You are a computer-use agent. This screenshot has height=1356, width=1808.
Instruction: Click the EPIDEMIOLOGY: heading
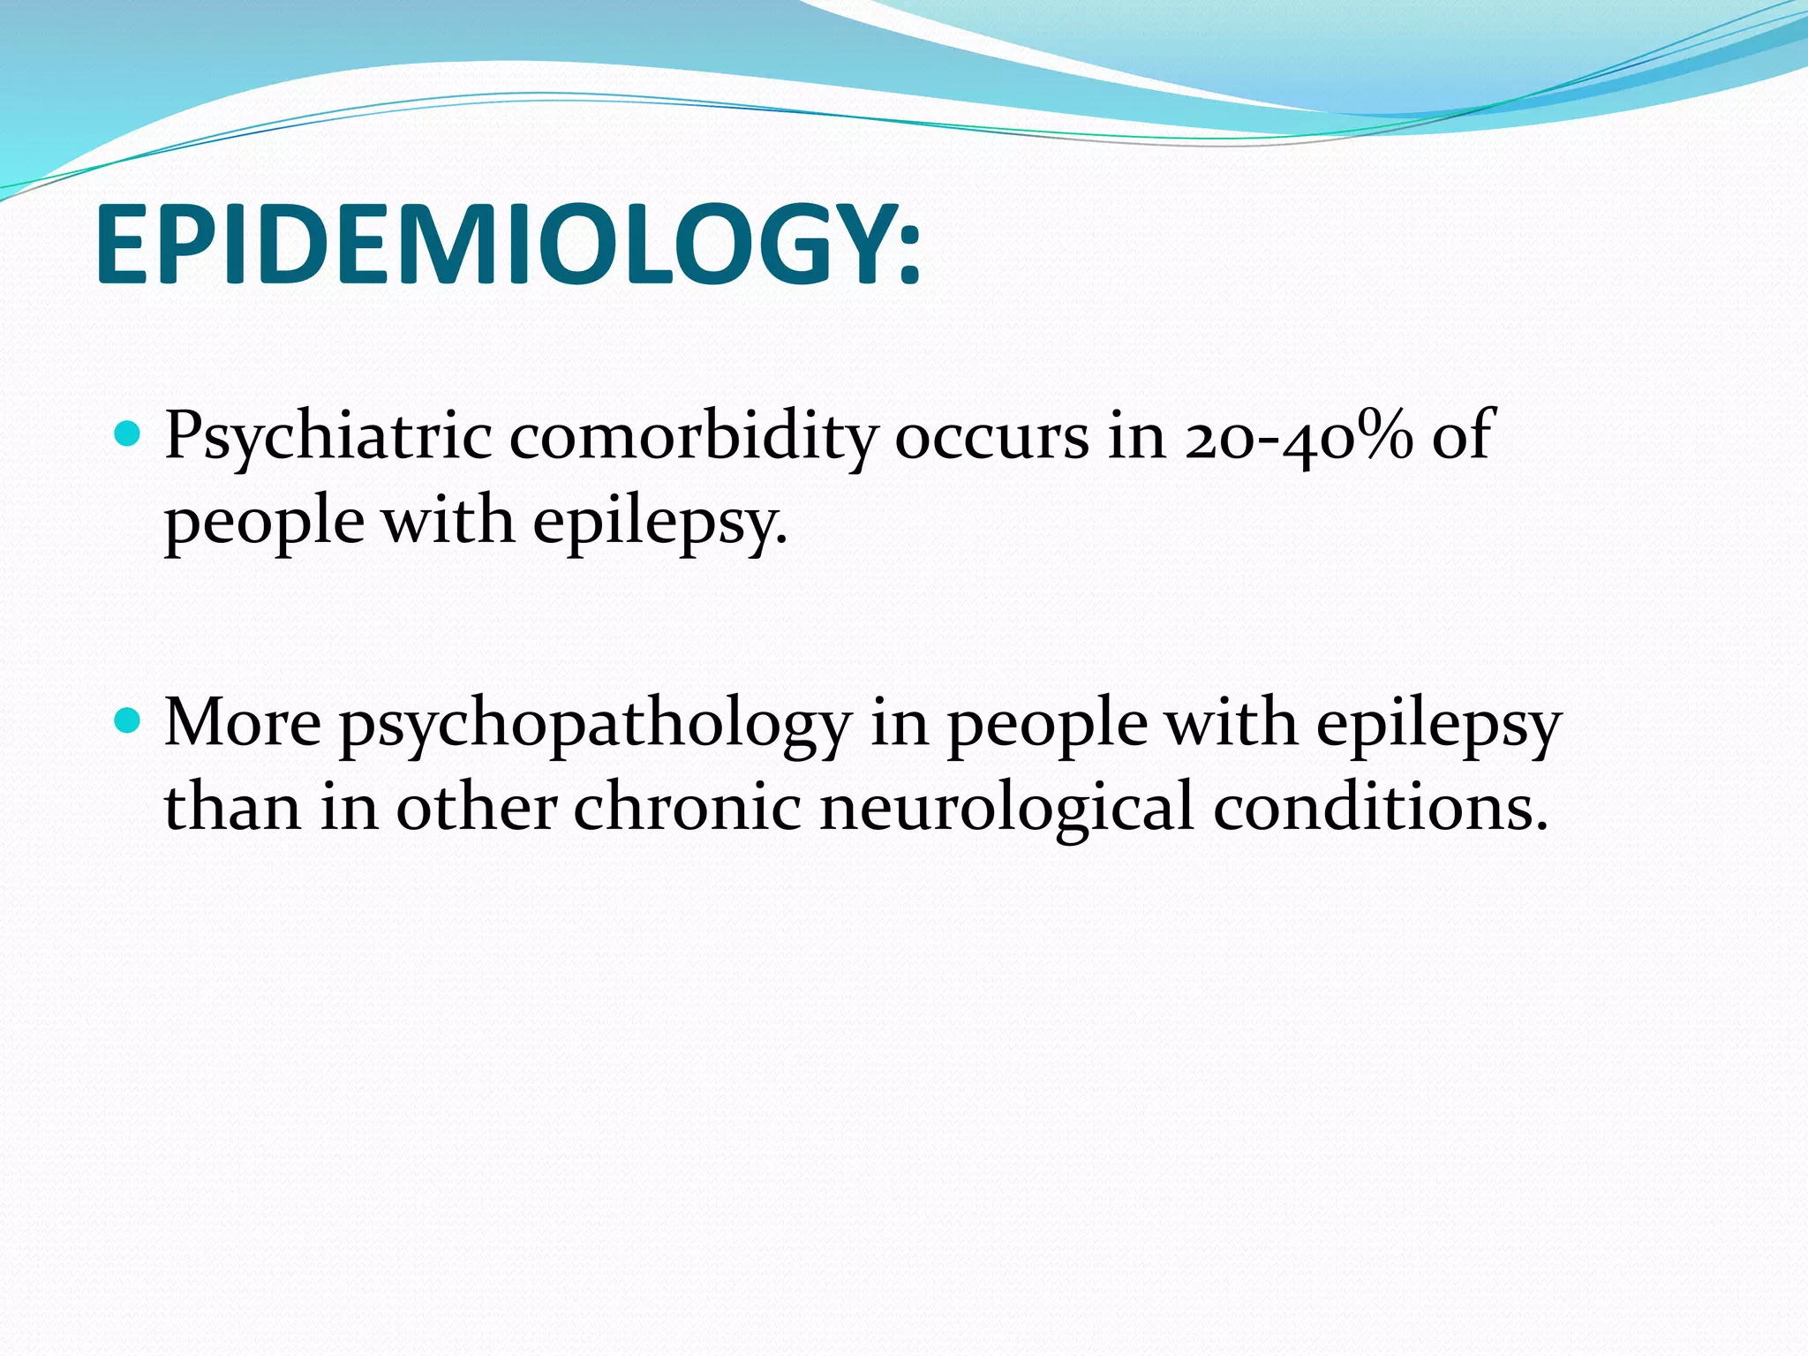tap(508, 245)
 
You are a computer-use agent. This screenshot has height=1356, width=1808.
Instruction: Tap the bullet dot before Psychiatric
tap(129, 433)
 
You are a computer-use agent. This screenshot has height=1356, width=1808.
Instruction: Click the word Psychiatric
tap(328, 437)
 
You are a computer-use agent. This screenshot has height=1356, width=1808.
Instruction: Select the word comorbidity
tap(694, 437)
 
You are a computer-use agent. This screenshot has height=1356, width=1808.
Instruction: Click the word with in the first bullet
tap(448, 521)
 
